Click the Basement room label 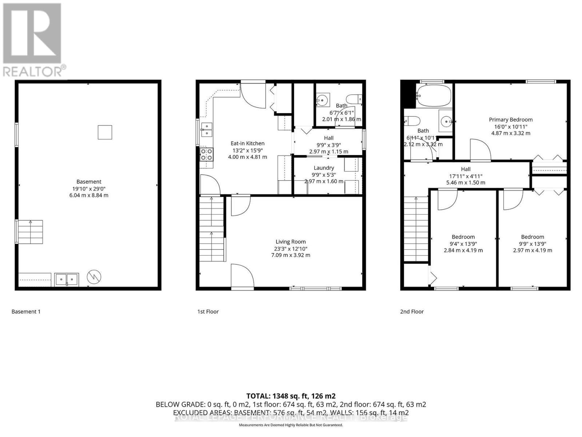click(89, 181)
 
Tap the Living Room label click(290, 241)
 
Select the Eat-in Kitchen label click(247, 143)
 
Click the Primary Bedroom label click(510, 119)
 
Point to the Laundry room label click(324, 168)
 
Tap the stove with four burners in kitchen click(207, 154)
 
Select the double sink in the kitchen click(207, 129)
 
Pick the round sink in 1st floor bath click(322, 99)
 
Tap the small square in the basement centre click(105, 132)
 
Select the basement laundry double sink click(66, 279)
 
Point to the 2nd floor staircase click(416, 228)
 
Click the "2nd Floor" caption click(412, 311)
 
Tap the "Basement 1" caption click(26, 311)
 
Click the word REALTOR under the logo click(32, 71)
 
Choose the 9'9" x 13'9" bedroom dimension click(532, 244)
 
